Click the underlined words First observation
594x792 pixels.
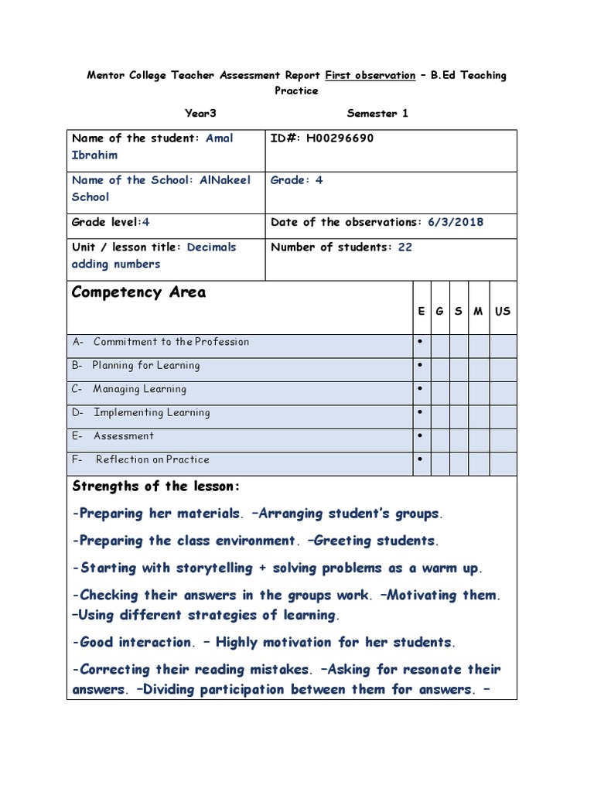(x=370, y=75)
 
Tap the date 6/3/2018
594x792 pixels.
(x=456, y=222)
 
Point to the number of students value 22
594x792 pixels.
(x=405, y=247)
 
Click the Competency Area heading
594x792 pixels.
(x=138, y=292)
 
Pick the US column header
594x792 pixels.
(x=503, y=311)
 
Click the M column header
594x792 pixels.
(x=479, y=311)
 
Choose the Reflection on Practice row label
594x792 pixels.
(x=152, y=459)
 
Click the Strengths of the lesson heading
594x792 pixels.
(x=156, y=486)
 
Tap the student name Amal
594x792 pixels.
(x=220, y=138)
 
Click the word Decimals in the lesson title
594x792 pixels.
(x=211, y=247)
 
